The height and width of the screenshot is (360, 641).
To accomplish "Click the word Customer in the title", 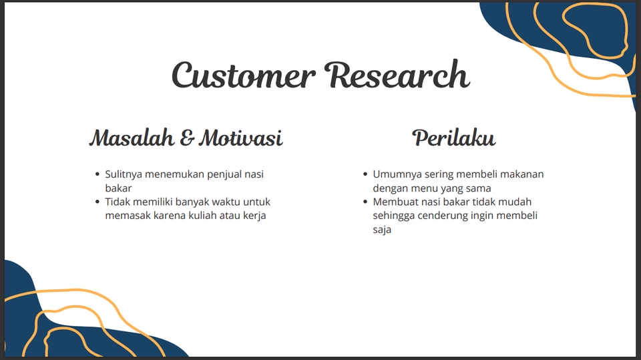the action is point(244,75).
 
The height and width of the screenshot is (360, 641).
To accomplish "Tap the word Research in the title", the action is point(397,74).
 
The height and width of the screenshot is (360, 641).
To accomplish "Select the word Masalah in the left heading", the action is point(132,138).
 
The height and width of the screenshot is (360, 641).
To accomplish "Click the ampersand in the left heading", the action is point(186,138).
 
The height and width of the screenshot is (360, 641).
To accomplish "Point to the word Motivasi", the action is point(241,138).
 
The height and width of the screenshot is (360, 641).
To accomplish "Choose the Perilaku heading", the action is point(454,138).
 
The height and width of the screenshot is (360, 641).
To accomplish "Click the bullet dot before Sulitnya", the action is point(97,174).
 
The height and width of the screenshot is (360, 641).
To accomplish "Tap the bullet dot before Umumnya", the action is point(365,174).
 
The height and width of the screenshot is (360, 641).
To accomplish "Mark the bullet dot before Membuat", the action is point(365,202).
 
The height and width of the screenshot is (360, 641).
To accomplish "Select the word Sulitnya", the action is point(124,175).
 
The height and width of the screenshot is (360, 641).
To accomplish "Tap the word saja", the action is point(382,230).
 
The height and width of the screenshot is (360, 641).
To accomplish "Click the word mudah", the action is point(516,202).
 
